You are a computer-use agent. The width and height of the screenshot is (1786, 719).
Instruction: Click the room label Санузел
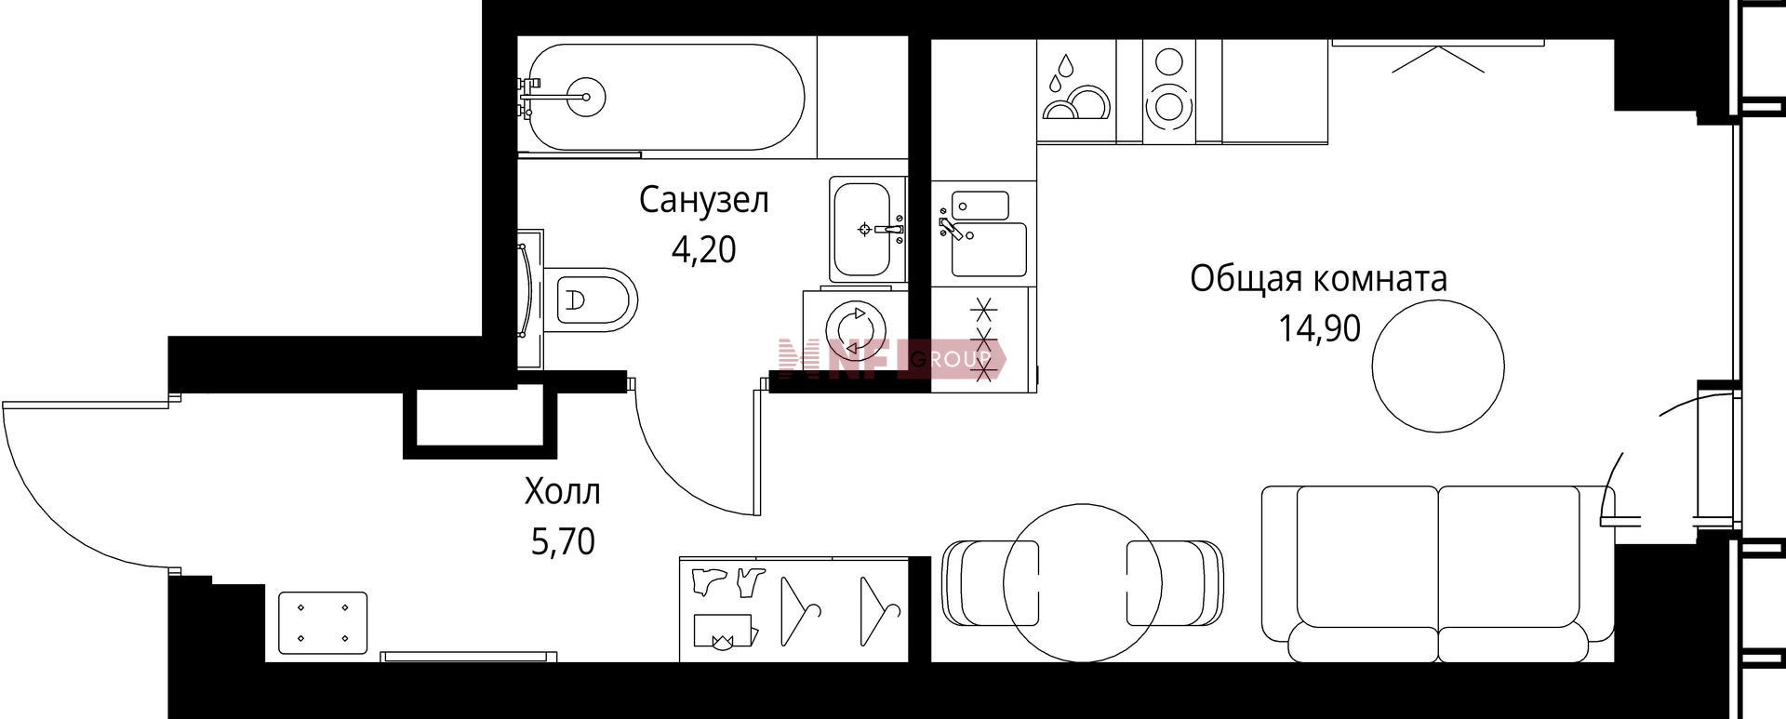click(x=703, y=201)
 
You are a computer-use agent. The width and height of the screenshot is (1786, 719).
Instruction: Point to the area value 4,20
click(x=703, y=249)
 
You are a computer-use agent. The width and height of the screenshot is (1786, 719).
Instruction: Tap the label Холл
click(x=563, y=492)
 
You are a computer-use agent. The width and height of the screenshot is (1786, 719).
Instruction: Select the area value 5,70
click(x=563, y=540)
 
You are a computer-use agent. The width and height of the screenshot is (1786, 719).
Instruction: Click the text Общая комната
click(x=1319, y=279)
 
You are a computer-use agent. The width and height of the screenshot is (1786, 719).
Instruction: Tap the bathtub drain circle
click(x=586, y=96)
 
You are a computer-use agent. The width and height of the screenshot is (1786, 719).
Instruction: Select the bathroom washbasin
click(x=868, y=229)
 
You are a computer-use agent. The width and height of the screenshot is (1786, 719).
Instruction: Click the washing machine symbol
click(x=854, y=329)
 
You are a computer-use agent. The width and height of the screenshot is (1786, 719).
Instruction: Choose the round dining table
click(x=1082, y=582)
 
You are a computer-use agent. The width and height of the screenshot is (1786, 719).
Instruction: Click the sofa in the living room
click(x=1438, y=573)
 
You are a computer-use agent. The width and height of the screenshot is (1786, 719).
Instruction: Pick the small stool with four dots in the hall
click(x=322, y=623)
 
